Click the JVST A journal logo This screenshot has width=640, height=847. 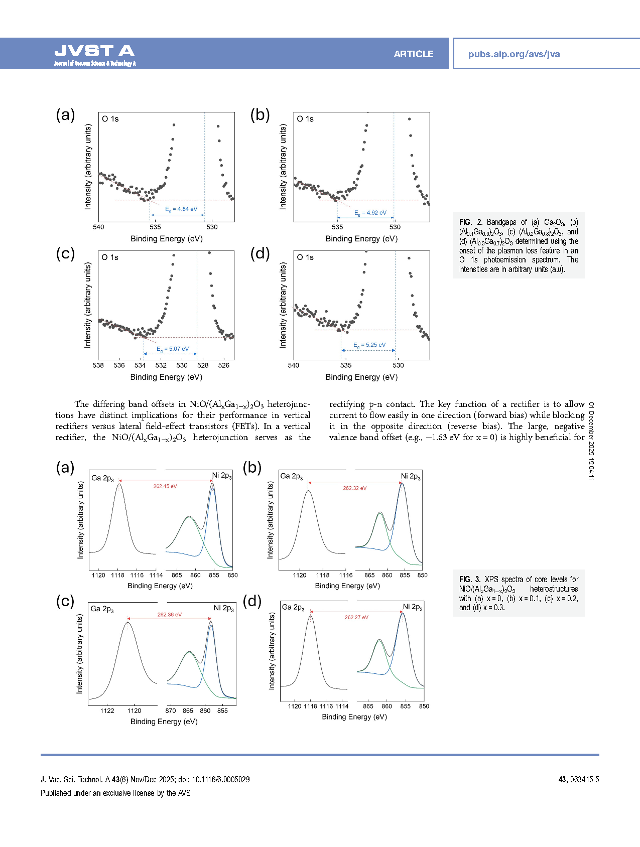[95, 54]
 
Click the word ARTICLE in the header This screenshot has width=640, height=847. [413, 54]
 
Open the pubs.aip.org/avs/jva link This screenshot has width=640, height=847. [514, 54]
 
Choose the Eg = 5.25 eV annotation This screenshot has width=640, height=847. [369, 345]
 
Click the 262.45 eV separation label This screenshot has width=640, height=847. [165, 486]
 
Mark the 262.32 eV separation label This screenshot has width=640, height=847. [355, 488]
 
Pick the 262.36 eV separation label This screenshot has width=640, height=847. [170, 615]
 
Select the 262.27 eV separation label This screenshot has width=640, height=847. [356, 617]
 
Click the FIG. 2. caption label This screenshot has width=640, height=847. [471, 222]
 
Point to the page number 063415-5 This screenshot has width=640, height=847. [584, 780]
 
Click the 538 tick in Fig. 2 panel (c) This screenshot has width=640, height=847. [98, 365]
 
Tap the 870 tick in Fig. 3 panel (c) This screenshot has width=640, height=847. [171, 711]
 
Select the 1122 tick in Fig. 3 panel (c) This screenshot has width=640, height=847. [107, 711]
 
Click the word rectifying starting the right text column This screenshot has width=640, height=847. [347, 404]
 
